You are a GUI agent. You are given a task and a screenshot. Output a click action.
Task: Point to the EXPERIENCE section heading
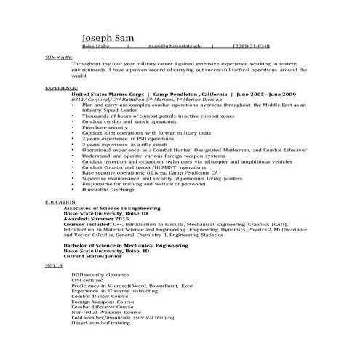(62, 87)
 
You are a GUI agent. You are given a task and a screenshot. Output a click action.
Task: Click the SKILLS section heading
(55, 267)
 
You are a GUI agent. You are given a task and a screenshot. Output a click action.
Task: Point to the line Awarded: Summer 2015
(97, 217)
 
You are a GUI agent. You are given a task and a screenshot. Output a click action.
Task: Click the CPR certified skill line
(87, 281)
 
